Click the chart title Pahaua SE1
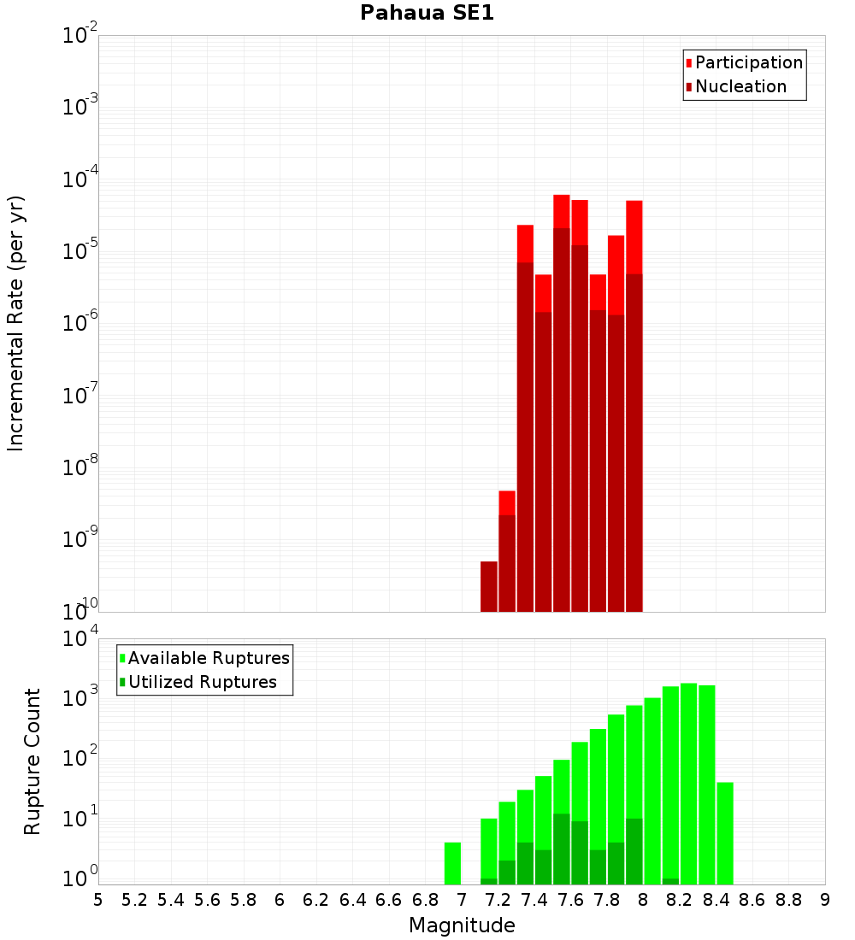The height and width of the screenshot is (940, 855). point(427,13)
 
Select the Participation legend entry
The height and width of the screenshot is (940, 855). point(748,62)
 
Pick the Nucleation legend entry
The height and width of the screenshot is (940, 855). point(740,86)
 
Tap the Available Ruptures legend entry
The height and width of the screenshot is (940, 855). point(208,658)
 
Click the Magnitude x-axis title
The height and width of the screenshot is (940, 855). point(462,925)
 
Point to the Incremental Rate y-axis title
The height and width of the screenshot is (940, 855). point(16,323)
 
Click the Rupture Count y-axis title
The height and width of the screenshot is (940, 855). point(32,761)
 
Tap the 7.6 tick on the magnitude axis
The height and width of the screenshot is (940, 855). point(570,899)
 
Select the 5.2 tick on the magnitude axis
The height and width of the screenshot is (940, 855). point(134,899)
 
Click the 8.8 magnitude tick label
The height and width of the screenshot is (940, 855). point(788,899)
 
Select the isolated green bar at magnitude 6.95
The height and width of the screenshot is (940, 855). point(453,863)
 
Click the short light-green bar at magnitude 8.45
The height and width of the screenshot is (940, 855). point(725,833)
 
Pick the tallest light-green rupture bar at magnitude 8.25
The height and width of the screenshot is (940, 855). point(689,769)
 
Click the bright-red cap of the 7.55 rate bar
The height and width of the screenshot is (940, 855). point(562,211)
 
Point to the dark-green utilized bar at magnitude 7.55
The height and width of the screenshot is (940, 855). point(562,849)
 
